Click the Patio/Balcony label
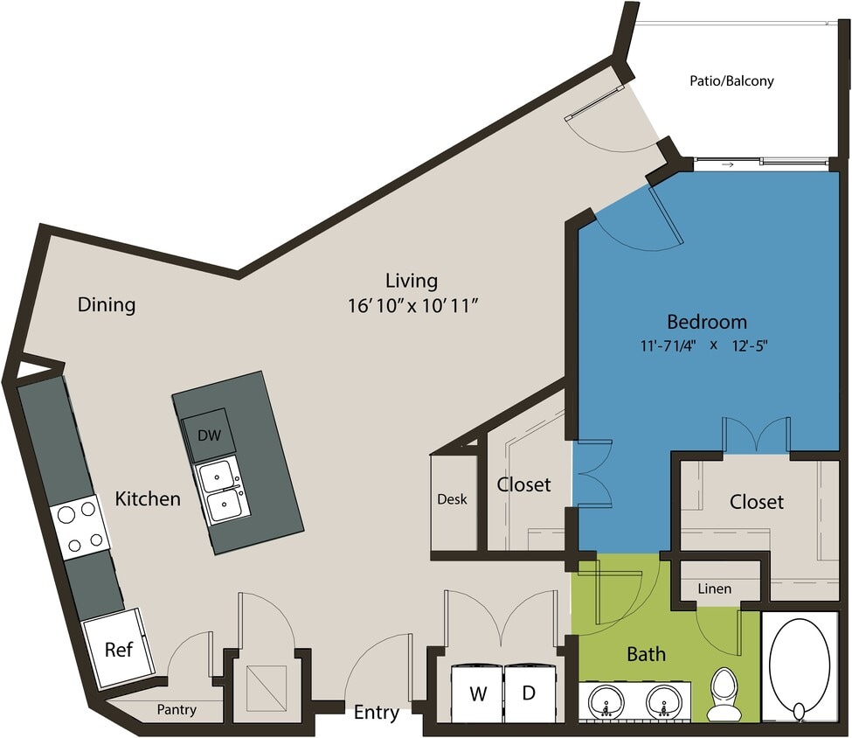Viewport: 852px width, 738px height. [731, 81]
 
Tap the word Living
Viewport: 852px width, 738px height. [411, 281]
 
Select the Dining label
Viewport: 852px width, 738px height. [107, 304]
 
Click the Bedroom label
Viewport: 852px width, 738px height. [707, 321]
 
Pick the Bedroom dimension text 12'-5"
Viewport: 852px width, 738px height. [748, 345]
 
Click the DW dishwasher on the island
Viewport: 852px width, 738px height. [208, 434]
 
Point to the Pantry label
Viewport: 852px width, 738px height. [177, 709]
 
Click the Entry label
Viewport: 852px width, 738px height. [377, 713]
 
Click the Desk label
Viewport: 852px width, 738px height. [452, 499]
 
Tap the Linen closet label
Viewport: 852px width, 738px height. [714, 588]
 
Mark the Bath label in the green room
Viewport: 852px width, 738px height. [646, 653]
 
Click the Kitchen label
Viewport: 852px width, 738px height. [148, 498]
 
